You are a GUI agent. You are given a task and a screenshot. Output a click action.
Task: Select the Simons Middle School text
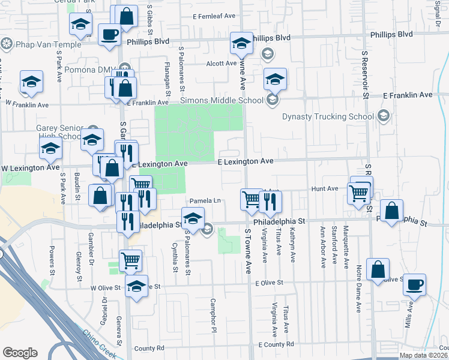coord(226,100)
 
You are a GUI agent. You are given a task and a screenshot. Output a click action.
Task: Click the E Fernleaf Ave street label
coord(214,17)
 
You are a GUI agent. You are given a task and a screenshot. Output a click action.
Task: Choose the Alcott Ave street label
coord(221,63)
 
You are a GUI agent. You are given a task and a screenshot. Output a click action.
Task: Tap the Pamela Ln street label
coord(206,200)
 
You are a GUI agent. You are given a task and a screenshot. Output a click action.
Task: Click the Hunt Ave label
coord(324,188)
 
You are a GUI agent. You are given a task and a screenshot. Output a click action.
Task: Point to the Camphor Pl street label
coord(213,315)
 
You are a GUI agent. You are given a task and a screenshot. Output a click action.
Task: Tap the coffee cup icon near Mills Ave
coord(414,284)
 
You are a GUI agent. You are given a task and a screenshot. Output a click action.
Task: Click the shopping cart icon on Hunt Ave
coord(359,193)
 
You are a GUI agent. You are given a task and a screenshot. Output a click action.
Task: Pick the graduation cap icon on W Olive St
coord(136,286)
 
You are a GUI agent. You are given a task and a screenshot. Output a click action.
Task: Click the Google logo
coord(20,353)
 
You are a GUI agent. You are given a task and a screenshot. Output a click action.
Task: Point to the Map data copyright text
coord(423,355)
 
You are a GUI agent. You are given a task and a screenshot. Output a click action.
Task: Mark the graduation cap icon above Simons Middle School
coord(275,79)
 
